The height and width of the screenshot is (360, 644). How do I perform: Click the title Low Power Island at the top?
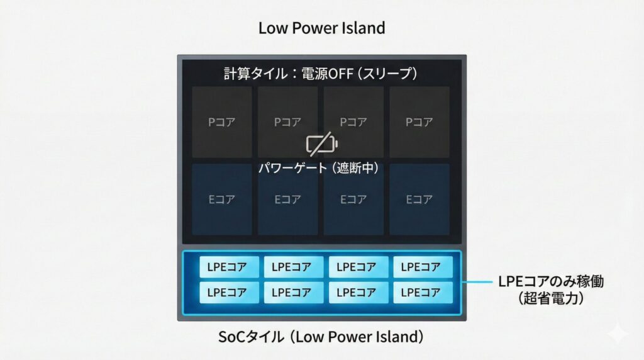321,28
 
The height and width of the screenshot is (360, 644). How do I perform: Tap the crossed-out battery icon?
321,145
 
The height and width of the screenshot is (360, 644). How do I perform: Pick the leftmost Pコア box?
222,122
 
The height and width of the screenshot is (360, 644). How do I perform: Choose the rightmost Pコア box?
419,122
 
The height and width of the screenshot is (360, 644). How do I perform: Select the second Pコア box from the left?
288,122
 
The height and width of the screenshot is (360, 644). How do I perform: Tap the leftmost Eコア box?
222,200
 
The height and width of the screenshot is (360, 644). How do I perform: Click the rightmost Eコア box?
419,200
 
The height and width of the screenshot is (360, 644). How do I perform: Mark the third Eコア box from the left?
353,200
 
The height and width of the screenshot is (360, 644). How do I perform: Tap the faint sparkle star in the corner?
618,334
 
